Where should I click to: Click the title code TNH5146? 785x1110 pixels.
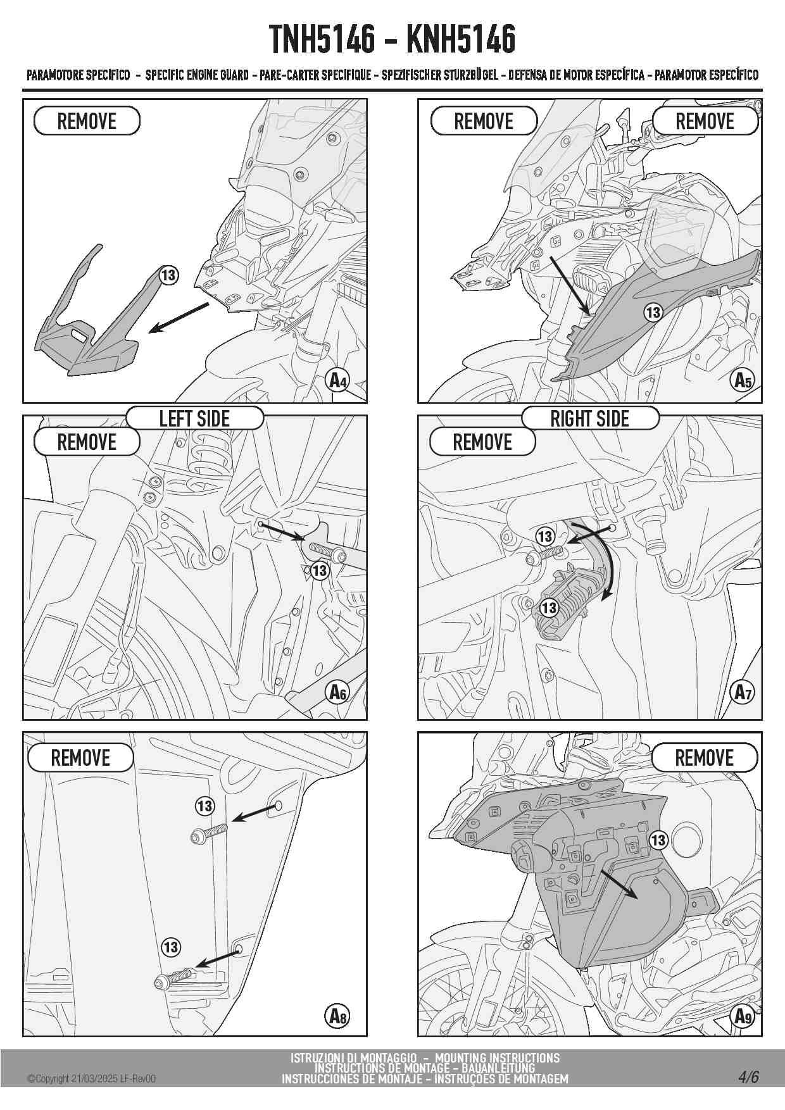[322, 39]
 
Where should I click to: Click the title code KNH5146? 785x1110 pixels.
[461, 39]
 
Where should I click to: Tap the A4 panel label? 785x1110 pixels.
[339, 380]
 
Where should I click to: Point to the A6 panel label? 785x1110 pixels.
[339, 692]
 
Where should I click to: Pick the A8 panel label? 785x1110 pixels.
[339, 1016]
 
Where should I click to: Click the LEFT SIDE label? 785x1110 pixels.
[194, 419]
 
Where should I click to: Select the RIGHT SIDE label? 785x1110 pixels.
[589, 419]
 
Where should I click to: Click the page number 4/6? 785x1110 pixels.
[748, 1076]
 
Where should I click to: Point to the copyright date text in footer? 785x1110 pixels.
[91, 1079]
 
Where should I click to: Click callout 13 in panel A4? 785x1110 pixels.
[168, 275]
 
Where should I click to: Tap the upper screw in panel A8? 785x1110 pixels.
[209, 833]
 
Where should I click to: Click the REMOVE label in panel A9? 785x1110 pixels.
[704, 758]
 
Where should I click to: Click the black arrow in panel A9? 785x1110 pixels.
[619, 883]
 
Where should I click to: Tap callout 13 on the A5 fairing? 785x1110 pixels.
[653, 312]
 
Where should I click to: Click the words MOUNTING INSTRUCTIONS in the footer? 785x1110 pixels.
[497, 1057]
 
